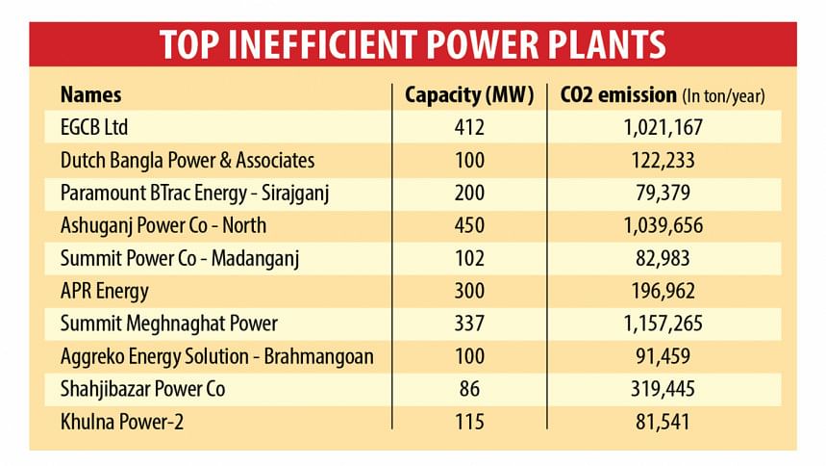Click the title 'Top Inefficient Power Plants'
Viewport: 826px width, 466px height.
(x=413, y=44)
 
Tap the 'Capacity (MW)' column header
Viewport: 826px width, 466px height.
(x=469, y=95)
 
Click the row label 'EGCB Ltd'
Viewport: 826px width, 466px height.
(x=95, y=127)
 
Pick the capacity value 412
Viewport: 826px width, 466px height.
(x=469, y=127)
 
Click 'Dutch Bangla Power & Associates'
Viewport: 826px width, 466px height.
(x=188, y=160)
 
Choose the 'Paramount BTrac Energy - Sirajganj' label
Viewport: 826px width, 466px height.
(x=195, y=193)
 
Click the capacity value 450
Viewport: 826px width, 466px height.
(x=469, y=225)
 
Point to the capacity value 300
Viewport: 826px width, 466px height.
(x=469, y=291)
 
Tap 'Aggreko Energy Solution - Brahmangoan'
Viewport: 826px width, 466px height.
(x=216, y=356)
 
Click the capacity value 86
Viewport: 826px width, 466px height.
(x=469, y=389)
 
